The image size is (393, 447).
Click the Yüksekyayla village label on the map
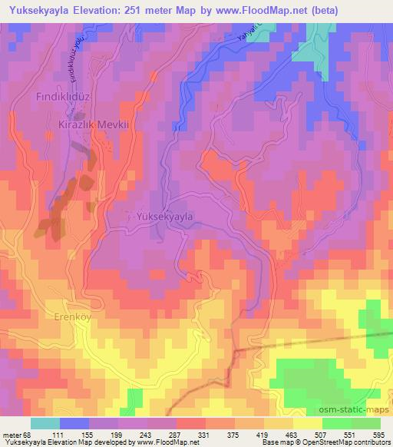[x=164, y=217]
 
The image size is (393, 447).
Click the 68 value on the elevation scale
[x=28, y=434]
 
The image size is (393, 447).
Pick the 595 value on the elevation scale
[x=378, y=434]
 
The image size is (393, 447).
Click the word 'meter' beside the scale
[x=12, y=434]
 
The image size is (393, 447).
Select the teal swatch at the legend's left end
[x=45, y=423]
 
